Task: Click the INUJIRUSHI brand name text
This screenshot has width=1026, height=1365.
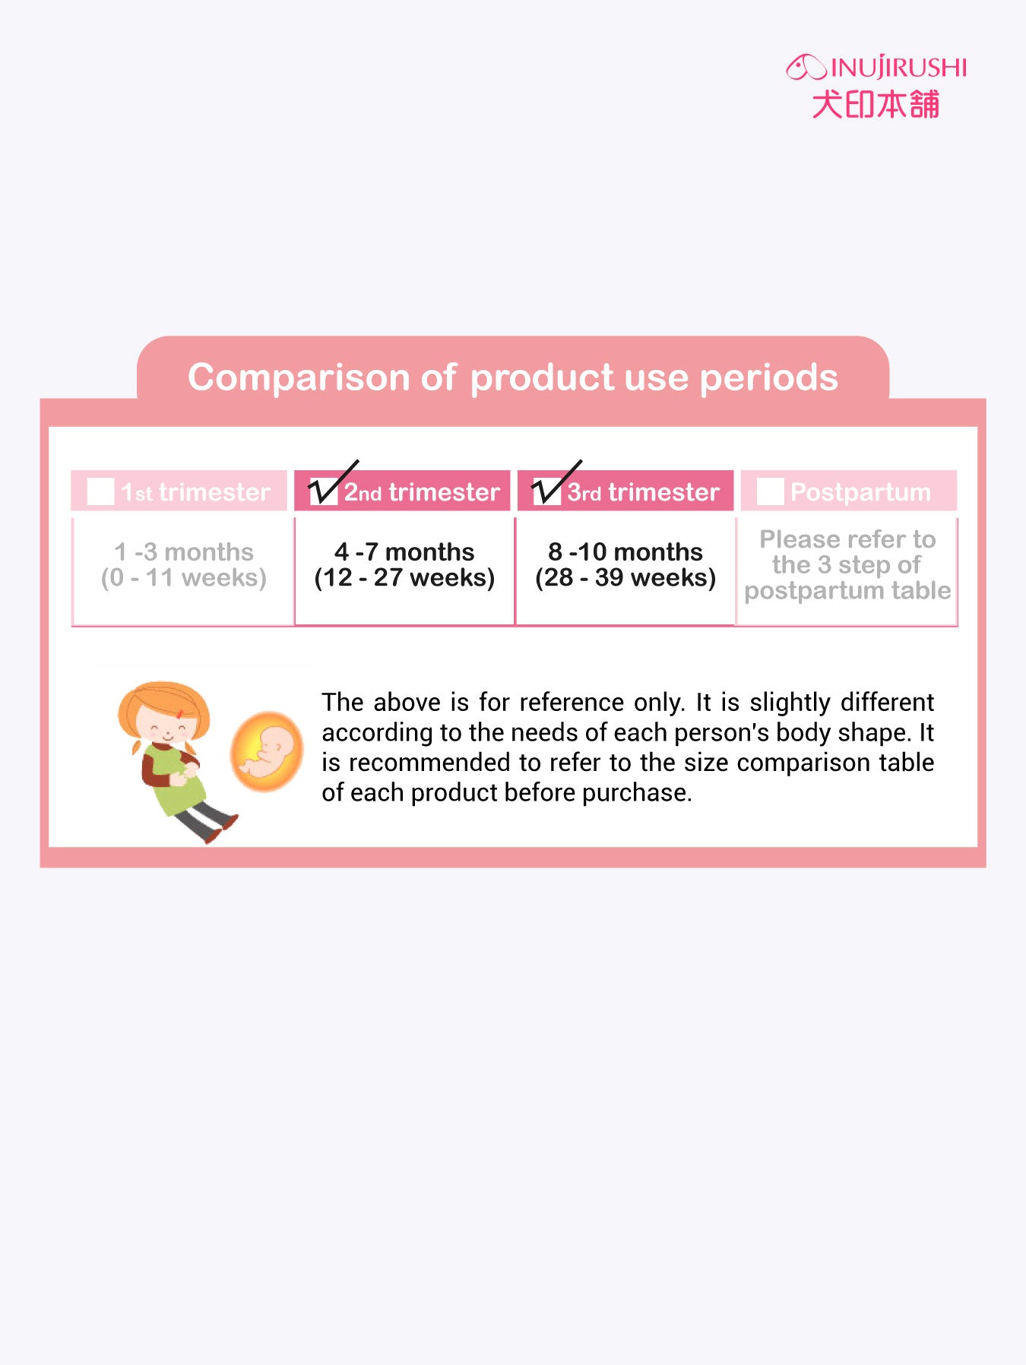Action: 899,68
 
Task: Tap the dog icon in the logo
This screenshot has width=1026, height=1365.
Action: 806,67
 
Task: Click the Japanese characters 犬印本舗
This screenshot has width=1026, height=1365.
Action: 876,104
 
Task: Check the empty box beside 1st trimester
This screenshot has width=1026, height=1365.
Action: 100,491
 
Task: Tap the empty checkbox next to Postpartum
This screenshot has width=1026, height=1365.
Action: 770,491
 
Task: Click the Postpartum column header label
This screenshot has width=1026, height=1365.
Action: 860,492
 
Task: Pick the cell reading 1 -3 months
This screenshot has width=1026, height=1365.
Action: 184,551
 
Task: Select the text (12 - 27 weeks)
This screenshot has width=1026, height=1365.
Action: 404,578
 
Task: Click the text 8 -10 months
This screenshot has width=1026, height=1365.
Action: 625,551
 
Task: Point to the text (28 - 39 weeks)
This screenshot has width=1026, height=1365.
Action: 625,578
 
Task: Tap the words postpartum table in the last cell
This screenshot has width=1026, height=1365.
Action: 847,591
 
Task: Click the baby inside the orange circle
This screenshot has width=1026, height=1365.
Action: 266,750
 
